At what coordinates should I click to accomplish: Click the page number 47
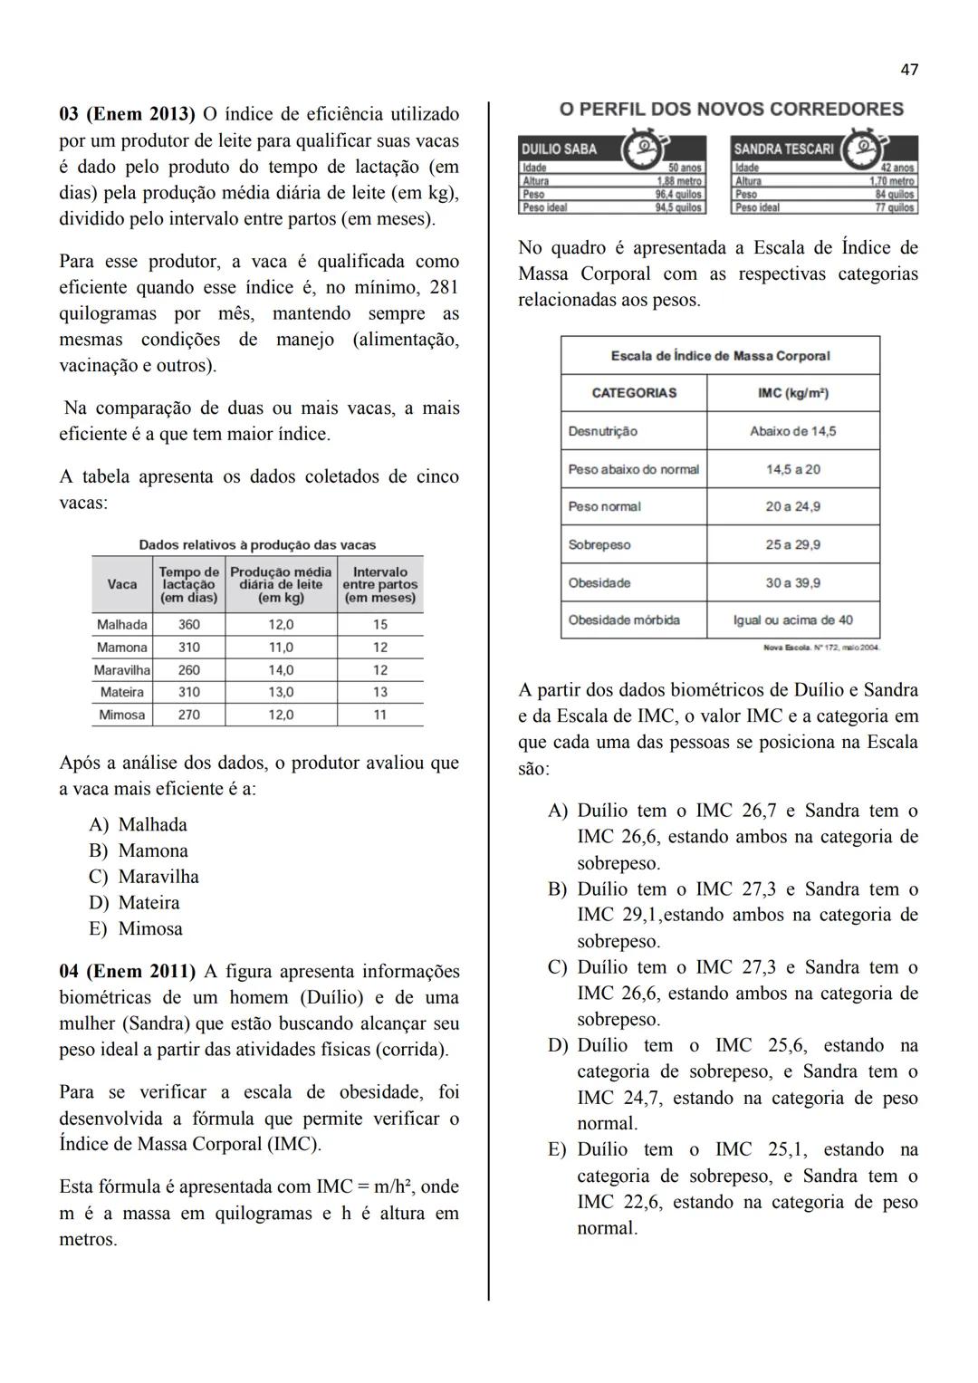coord(909,70)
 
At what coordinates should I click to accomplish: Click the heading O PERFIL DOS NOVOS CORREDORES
coord(731,110)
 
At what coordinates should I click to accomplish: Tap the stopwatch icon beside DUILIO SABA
coord(641,149)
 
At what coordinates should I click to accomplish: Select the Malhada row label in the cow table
coord(121,625)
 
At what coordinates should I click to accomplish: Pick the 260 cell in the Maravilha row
coord(189,670)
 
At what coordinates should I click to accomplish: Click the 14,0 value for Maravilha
coord(281,670)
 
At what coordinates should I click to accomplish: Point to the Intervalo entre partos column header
coord(380,585)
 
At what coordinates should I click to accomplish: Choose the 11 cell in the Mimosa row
coord(380,715)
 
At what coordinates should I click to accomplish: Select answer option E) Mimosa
coord(136,929)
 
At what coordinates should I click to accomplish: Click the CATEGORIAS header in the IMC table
coord(634,393)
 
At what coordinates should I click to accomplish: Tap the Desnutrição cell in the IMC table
coord(603,431)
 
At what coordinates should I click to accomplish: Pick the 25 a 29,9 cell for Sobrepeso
coord(793,545)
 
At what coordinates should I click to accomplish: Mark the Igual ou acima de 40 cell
coord(793,620)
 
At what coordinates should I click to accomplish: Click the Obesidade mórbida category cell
coord(624,620)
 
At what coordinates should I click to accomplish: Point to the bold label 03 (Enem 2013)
coord(127,115)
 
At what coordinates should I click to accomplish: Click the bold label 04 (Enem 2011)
coord(127,972)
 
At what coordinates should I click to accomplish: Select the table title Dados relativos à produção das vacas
coord(257,545)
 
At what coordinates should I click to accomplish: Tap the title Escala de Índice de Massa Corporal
coord(720,356)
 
